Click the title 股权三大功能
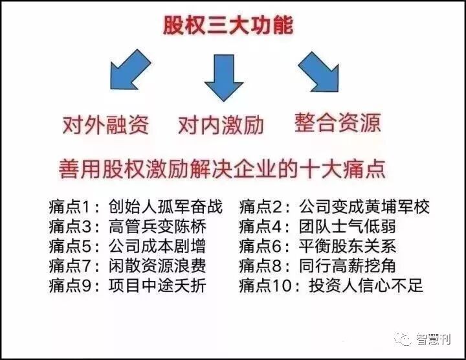click(227, 26)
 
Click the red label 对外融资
click(105, 123)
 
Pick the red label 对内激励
click(221, 124)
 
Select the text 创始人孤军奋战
click(166, 208)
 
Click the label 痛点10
click(267, 286)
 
